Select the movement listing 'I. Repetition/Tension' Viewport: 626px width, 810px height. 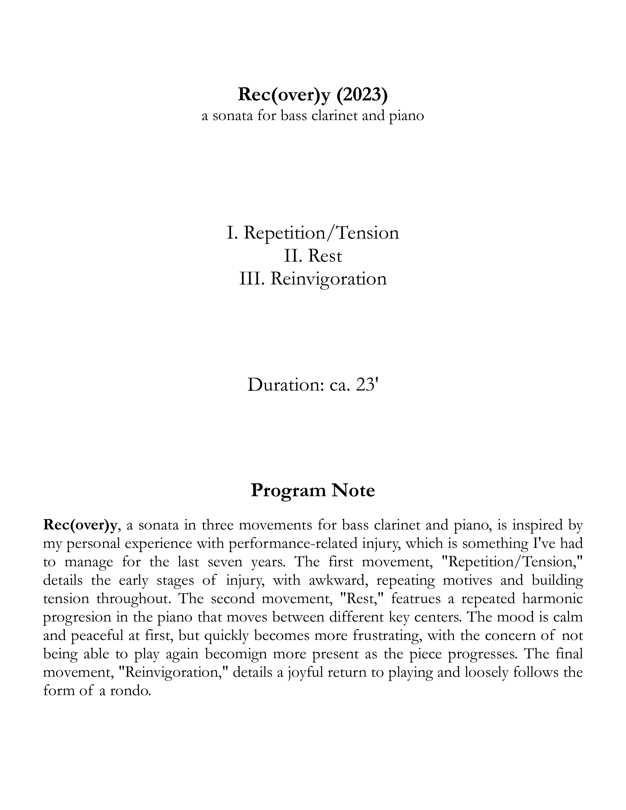point(313,233)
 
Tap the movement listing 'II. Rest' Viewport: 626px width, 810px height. point(313,256)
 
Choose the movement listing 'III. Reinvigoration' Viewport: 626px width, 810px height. point(313,279)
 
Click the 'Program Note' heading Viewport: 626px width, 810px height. point(313,490)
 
